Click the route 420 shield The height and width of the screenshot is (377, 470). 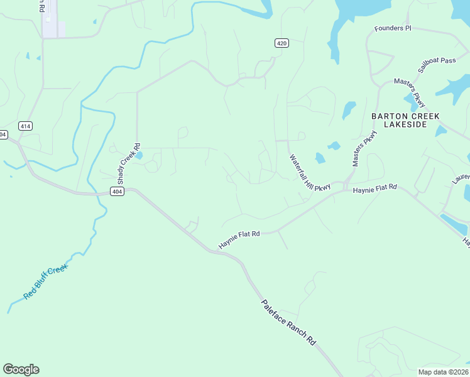pos(281,43)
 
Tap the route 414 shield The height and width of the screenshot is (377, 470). pos(25,126)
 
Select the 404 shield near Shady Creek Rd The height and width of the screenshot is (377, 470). pos(116,191)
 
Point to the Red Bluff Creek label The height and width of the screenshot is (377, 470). pos(45,282)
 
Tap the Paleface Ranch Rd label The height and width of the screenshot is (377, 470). pos(288,322)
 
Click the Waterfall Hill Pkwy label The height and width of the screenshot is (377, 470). pos(309,172)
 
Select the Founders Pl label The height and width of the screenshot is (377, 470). pos(392,28)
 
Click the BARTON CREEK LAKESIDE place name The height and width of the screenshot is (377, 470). pos(405,121)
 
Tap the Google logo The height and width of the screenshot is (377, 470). pos(21,369)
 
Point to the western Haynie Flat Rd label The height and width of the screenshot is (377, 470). pos(239,238)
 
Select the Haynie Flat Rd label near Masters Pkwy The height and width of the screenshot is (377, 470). pos(375,188)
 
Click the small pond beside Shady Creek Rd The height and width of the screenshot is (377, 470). pos(139,155)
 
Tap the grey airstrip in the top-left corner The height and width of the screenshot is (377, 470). pos(50,19)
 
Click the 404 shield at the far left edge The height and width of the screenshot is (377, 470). pos(3,134)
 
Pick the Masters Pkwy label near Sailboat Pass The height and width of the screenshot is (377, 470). pos(410,93)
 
